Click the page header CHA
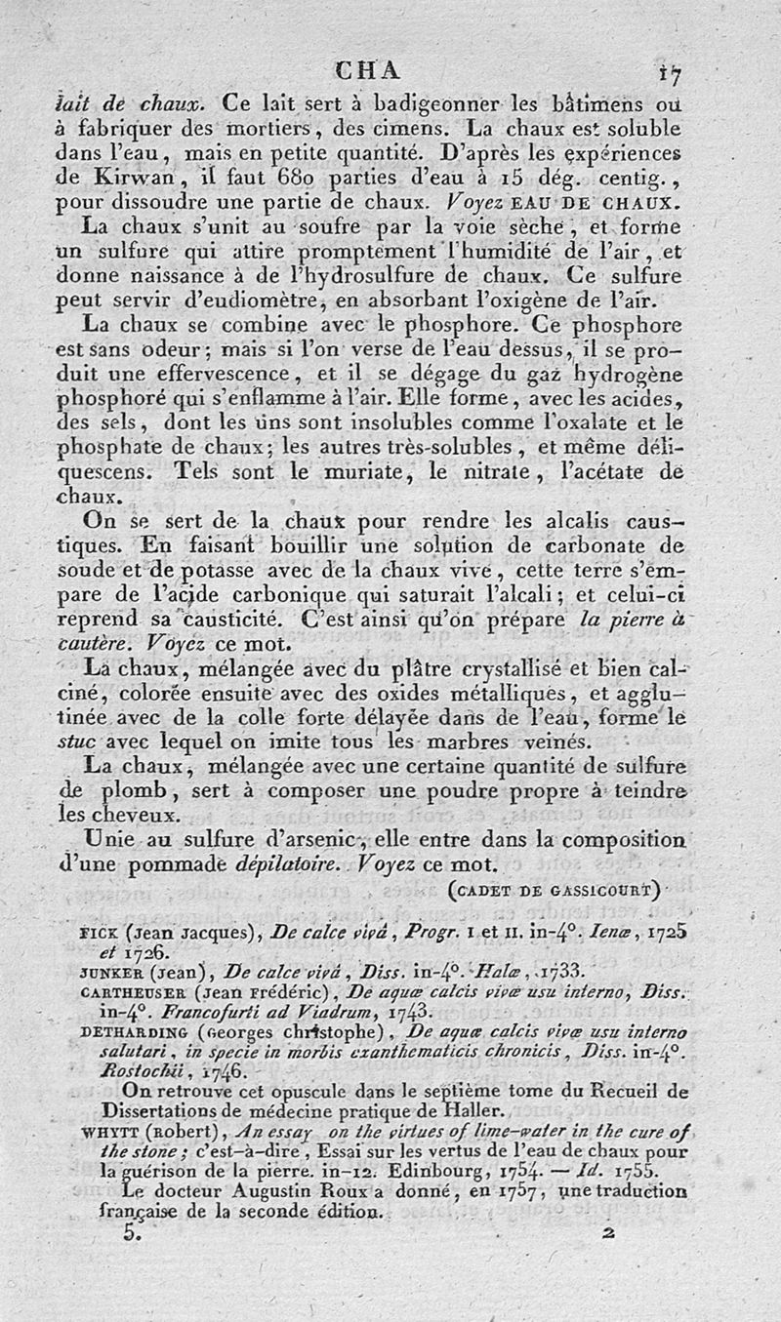pos(367,69)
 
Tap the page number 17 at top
pos(669,71)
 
